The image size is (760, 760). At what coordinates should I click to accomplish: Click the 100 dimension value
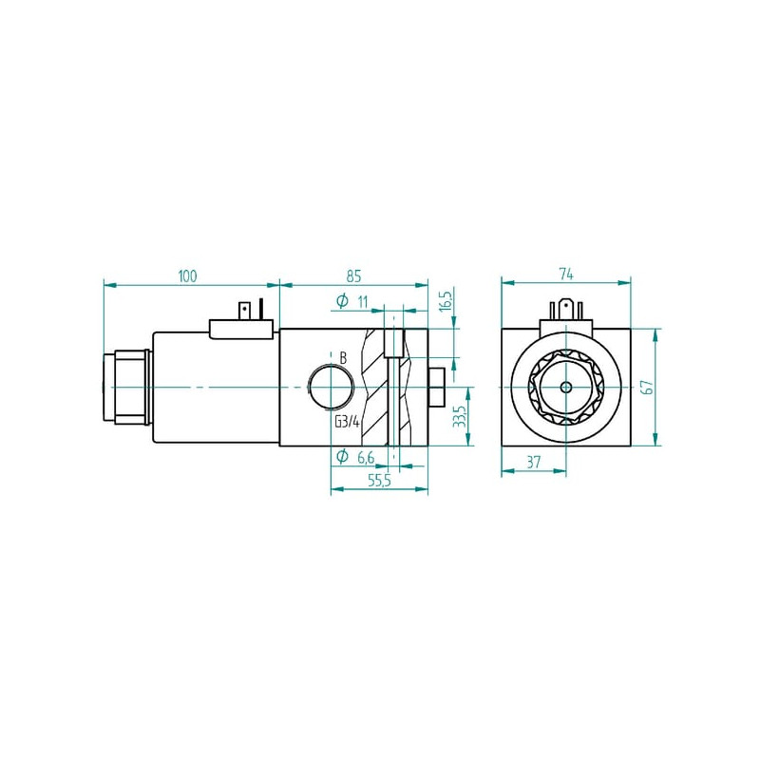tap(187, 276)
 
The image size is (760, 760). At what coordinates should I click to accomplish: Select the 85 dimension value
tap(353, 276)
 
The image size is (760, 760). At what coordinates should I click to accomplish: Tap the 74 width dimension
tap(566, 275)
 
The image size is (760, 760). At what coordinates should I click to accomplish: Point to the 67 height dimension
tap(648, 388)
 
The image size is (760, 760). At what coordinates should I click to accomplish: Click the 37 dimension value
tap(533, 462)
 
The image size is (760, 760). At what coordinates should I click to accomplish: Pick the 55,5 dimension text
tap(379, 481)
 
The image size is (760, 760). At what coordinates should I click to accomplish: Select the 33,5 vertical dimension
tap(460, 416)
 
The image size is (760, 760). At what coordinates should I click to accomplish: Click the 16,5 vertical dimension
tap(446, 299)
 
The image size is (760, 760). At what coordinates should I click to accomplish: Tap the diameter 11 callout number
tap(363, 301)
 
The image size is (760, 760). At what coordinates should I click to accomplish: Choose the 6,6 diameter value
tap(366, 457)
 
